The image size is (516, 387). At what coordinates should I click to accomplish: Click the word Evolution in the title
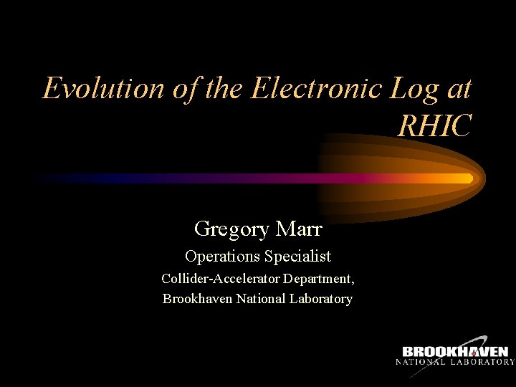[103, 89]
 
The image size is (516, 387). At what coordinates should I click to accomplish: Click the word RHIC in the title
[434, 126]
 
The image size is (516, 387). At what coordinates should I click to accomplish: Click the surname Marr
[298, 229]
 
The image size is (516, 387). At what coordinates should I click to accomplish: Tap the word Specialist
[298, 257]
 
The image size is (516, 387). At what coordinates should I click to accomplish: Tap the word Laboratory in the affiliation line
[320, 299]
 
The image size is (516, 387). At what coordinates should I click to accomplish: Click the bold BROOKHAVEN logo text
[455, 352]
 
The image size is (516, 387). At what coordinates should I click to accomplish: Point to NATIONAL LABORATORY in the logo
[455, 363]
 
